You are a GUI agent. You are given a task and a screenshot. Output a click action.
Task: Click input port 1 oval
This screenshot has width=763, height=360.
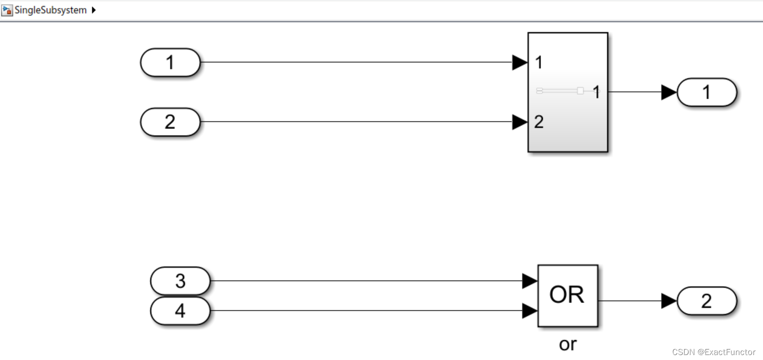tap(170, 62)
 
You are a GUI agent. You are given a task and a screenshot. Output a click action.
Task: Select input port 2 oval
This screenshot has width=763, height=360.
tap(170, 122)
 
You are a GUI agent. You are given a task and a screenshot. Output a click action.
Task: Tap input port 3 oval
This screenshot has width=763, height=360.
tap(180, 281)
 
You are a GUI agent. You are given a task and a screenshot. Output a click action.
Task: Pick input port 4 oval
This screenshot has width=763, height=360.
tap(180, 311)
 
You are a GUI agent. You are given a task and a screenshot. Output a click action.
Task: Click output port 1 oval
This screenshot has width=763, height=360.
tap(706, 92)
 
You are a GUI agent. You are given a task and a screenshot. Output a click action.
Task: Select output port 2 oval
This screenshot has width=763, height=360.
tap(706, 301)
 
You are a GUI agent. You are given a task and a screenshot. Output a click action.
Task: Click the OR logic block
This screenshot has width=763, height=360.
tap(568, 296)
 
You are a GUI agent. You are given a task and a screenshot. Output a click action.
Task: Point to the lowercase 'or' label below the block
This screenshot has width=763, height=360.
tap(568, 343)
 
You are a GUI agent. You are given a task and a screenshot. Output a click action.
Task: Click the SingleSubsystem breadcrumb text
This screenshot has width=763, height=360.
tap(50, 10)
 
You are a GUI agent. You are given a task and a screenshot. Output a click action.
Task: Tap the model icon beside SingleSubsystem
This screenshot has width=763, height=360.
tap(7, 10)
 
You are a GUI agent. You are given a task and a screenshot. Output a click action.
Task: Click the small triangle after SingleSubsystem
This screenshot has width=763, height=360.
tap(94, 10)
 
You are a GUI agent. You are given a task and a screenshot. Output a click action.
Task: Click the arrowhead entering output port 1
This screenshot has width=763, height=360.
tap(669, 92)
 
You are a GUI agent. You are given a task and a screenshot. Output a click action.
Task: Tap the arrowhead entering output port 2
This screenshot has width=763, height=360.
tap(669, 301)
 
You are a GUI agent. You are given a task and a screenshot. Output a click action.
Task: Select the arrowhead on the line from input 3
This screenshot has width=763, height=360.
tap(530, 281)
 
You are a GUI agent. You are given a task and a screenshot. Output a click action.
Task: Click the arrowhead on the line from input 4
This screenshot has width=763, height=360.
tap(530, 311)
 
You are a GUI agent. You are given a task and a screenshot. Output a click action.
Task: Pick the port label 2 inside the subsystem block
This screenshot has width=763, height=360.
tap(539, 122)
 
